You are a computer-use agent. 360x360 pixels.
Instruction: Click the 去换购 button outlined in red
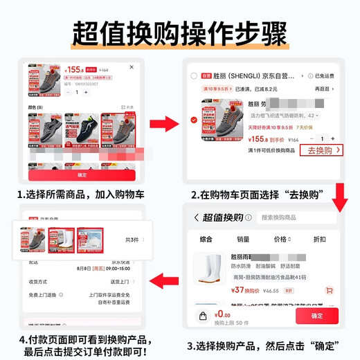pos(323,150)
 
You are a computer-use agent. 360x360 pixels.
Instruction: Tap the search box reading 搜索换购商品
pos(296,217)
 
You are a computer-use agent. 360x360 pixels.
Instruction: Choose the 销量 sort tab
pos(243,239)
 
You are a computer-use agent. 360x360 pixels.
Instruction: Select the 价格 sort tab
pos(281,239)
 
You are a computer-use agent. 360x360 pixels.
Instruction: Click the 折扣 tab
pos(319,239)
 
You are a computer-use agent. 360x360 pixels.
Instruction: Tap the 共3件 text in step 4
pos(132,240)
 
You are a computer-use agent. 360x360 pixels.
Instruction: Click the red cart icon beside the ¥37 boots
pos(329,290)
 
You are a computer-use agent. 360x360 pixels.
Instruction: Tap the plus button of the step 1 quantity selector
pos(86,92)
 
